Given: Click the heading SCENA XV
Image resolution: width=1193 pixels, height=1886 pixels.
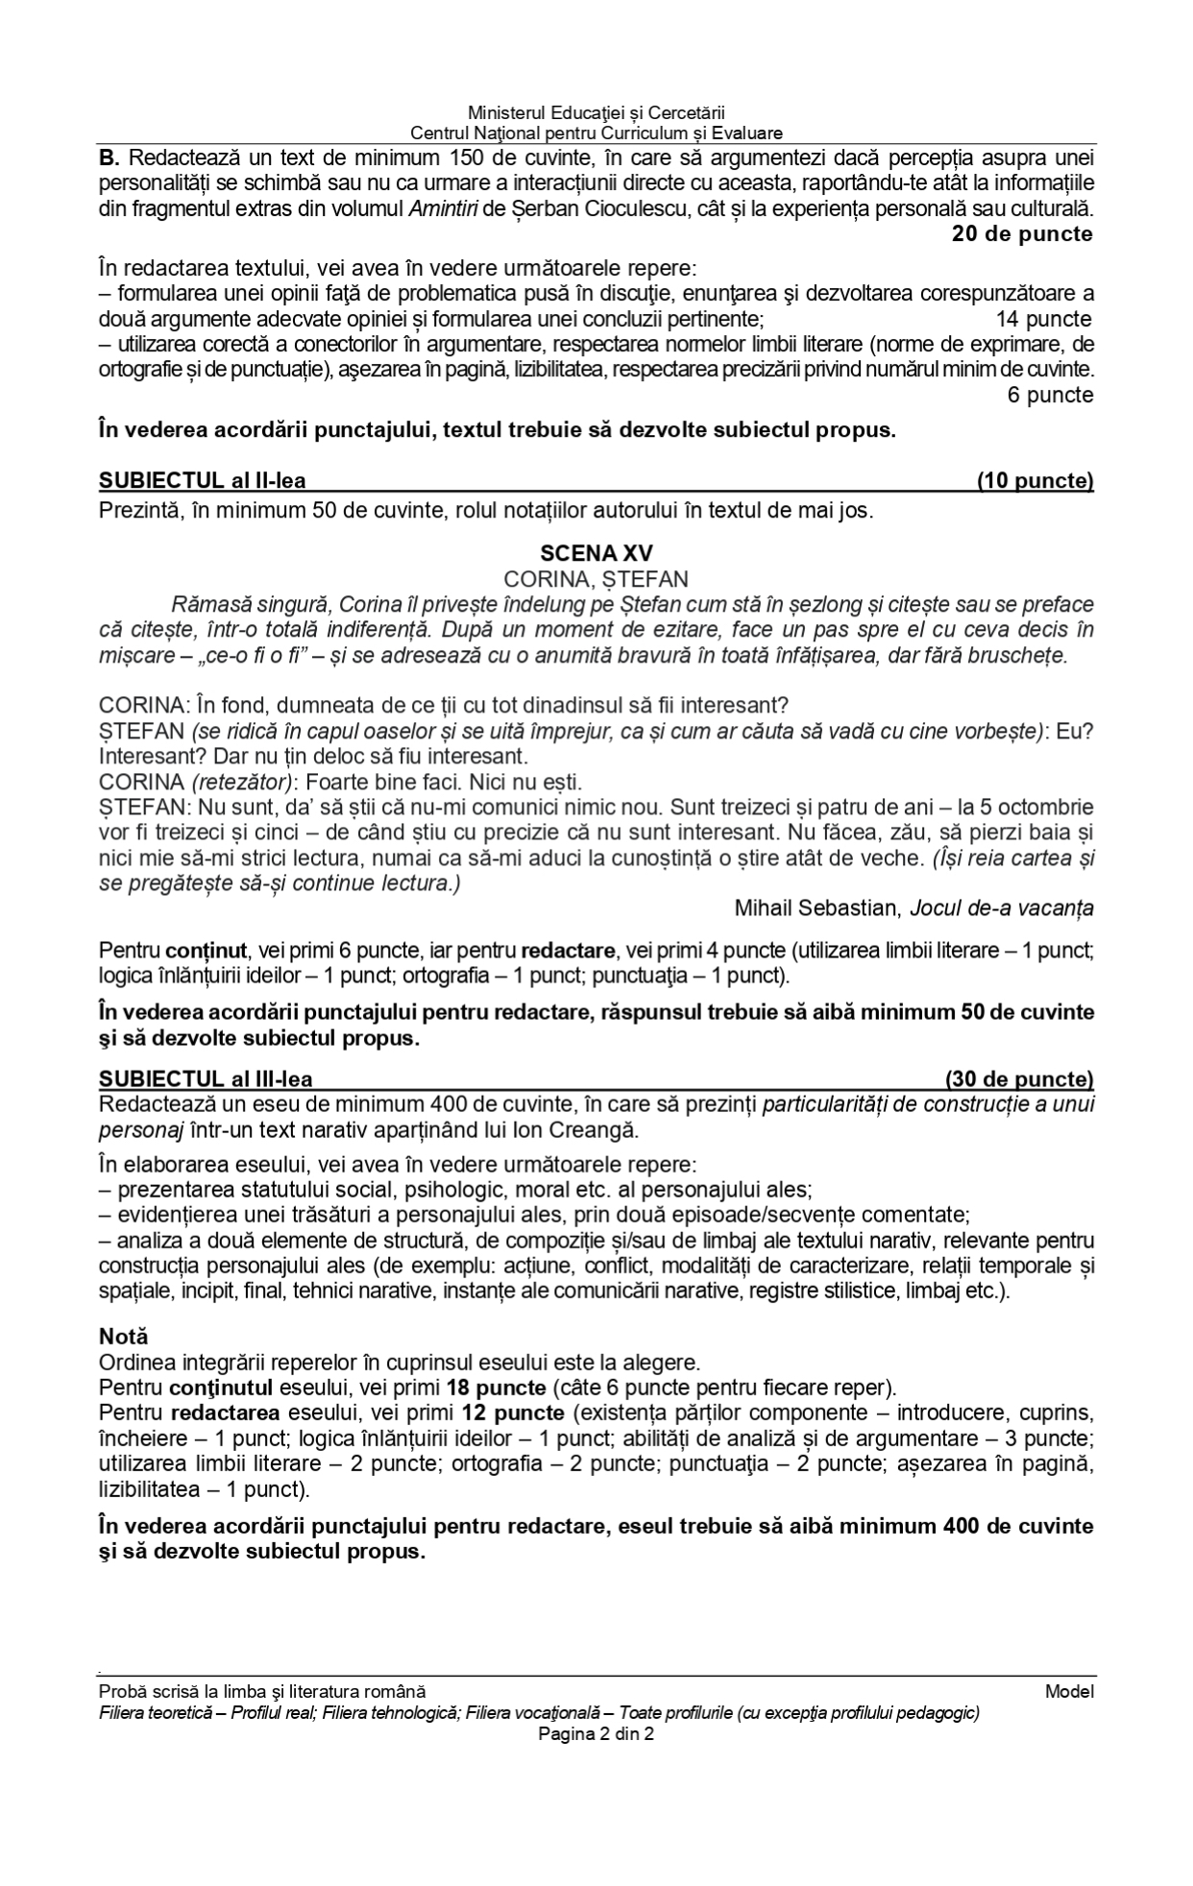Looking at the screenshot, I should (596, 553).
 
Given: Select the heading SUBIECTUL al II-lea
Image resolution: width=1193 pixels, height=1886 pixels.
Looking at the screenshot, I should (203, 481).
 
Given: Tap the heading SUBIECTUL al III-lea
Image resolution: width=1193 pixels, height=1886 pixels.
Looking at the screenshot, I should (206, 1079).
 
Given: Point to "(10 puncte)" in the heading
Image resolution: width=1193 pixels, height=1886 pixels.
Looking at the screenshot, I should (1035, 481).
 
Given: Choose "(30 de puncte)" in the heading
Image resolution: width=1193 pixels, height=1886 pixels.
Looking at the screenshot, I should (1019, 1079).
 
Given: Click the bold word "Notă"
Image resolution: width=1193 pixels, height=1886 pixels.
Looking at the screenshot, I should (123, 1336).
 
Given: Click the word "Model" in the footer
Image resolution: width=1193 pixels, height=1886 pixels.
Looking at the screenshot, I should (1069, 1691).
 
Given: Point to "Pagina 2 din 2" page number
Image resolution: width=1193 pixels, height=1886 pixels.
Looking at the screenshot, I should (596, 1733).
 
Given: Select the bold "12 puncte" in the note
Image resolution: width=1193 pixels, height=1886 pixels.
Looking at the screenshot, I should (512, 1414).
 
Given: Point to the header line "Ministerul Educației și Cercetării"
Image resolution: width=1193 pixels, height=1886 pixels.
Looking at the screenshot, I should (596, 114).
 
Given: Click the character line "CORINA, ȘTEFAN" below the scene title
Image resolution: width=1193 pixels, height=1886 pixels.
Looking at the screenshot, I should (596, 579).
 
